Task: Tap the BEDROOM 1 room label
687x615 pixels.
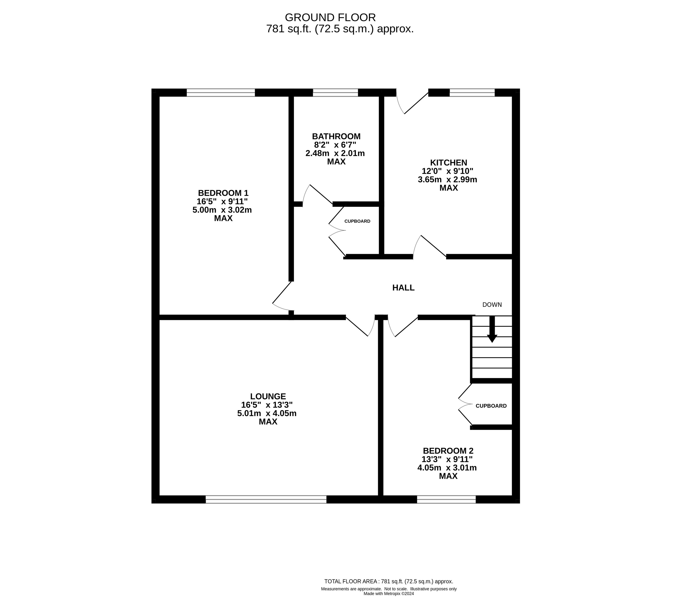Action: click(223, 193)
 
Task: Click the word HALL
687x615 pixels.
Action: click(403, 288)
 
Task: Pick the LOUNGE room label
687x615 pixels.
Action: click(268, 396)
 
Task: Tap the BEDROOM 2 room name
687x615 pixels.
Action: click(448, 451)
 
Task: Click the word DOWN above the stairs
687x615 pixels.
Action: click(492, 305)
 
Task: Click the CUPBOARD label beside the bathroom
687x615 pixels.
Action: click(357, 221)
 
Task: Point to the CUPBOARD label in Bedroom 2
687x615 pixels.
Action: click(491, 406)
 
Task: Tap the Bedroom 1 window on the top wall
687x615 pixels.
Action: click(221, 93)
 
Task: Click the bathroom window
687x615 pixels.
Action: click(335, 93)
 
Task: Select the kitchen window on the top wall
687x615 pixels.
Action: click(472, 93)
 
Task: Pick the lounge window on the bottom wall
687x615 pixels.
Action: click(266, 499)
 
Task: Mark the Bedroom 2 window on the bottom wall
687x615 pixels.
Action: click(447, 499)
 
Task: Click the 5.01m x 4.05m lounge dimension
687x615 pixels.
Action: click(267, 413)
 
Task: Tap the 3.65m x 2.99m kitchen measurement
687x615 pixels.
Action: click(448, 180)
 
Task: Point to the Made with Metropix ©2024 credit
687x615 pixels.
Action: click(389, 603)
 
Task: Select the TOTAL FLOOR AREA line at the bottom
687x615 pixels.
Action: click(389, 591)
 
